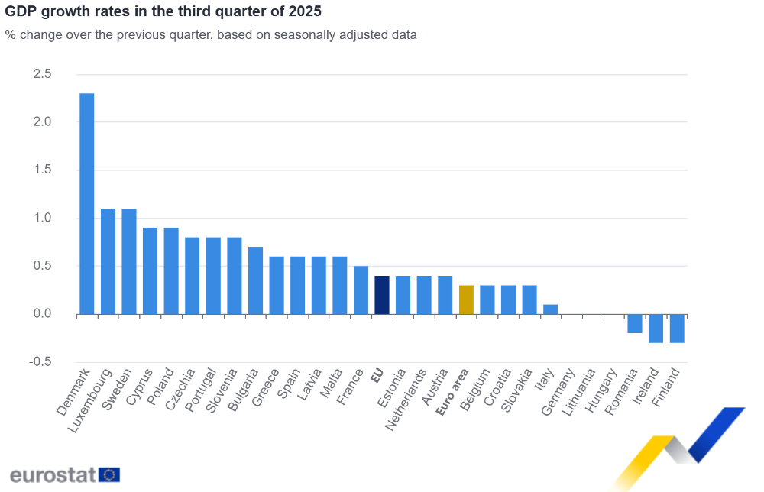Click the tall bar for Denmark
[87, 203]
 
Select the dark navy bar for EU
[382, 295]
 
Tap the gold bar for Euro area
[466, 299]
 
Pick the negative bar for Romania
[635, 323]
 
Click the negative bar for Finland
[677, 329]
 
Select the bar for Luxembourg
[108, 261]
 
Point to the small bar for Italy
[550, 309]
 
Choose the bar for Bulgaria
[255, 280]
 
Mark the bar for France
[361, 290]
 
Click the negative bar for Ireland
[656, 329]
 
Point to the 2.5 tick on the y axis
[42, 74]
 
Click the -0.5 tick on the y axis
[40, 362]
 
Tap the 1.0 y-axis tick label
[42, 218]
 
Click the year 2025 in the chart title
[306, 12]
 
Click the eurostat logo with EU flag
[65, 474]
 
